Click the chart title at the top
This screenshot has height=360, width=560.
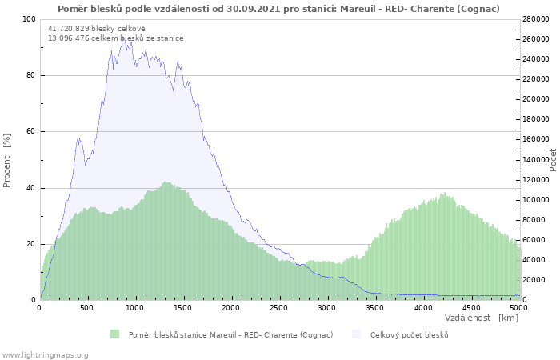click(278, 9)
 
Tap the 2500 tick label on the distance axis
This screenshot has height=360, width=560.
click(278, 308)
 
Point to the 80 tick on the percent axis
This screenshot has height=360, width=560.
click(31, 75)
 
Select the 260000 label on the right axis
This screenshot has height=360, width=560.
click(536, 39)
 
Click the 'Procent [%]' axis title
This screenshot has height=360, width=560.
click(6, 160)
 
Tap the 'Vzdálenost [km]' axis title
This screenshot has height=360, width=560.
click(482, 318)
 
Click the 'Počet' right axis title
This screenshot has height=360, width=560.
click(553, 160)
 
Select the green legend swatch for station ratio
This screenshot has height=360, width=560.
click(114, 334)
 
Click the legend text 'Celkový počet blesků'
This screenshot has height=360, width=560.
click(410, 335)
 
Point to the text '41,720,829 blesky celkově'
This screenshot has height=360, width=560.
click(97, 29)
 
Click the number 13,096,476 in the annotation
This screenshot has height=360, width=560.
click(69, 38)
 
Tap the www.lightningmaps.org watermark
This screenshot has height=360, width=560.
click(45, 355)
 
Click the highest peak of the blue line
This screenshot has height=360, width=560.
click(124, 36)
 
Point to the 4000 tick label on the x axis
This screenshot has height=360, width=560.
click(423, 308)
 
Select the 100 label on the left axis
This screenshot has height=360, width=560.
click(30, 19)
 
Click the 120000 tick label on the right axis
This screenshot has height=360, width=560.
click(536, 180)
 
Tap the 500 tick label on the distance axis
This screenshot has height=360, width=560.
click(86, 308)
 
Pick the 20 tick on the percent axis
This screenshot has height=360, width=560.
click(31, 244)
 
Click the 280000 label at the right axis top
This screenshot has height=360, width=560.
click(536, 19)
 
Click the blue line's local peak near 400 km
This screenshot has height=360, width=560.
click(79, 138)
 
